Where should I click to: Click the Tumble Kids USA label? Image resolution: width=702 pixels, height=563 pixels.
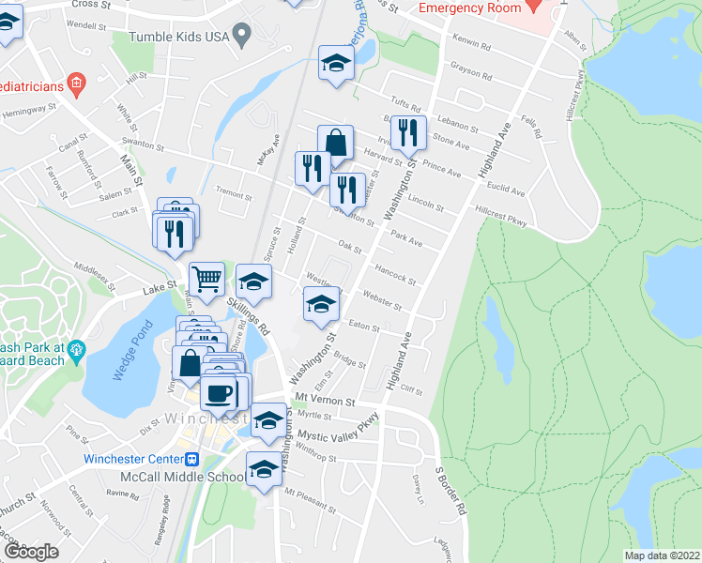[x=178, y=37]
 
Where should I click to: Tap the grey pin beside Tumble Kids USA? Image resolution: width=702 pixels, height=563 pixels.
[x=242, y=38]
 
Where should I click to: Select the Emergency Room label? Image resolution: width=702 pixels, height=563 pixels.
[x=469, y=8]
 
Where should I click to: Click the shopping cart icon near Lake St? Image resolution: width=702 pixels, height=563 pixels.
[x=206, y=279]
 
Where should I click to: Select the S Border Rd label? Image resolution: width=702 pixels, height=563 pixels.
[x=450, y=491]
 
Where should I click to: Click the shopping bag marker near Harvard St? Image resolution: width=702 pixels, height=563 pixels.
[x=335, y=144]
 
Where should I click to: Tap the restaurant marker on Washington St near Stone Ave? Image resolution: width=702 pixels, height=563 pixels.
[x=408, y=133]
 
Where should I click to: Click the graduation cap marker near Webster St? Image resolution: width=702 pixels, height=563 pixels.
[x=321, y=304]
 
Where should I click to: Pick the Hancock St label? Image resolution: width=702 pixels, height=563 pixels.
[x=394, y=273]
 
